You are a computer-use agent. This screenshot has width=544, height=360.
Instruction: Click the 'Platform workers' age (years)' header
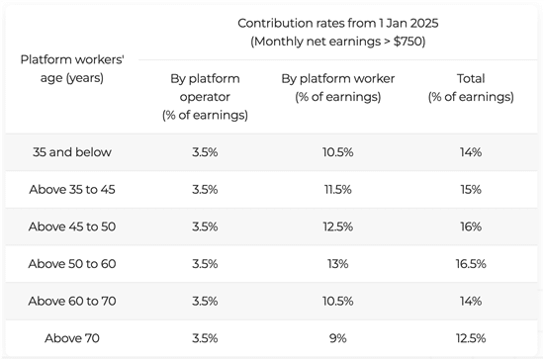tap(72, 68)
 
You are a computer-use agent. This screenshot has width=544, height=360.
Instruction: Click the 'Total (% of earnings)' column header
tap(471, 88)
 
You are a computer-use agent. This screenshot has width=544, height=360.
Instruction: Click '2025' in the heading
tap(424, 23)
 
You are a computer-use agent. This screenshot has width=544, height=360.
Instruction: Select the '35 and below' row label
tap(72, 152)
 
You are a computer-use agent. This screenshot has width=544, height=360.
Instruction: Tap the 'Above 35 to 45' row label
tap(72, 189)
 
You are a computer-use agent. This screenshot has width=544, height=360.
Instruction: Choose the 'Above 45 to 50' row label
tap(72, 226)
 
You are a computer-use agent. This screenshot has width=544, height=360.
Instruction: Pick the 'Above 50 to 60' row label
tap(72, 264)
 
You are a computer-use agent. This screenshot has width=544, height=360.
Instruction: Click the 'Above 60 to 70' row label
tap(72, 301)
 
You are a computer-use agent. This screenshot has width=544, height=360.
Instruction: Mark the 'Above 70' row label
tap(72, 338)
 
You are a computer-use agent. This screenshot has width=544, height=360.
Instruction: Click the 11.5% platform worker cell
tap(338, 189)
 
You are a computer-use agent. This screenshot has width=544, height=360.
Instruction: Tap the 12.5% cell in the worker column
tap(338, 226)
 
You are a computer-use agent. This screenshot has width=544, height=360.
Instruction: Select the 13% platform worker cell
tap(338, 264)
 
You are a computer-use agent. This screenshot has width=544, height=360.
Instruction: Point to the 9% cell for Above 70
tap(338, 338)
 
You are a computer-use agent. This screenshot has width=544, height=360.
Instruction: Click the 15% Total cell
tap(471, 189)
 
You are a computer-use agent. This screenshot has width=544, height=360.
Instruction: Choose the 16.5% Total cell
tap(471, 264)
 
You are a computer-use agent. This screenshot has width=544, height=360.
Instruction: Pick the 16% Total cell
tap(471, 226)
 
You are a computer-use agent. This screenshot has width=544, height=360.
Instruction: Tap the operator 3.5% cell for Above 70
tap(205, 338)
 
